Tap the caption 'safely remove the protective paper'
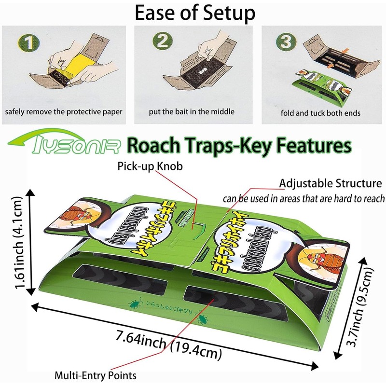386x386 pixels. pos(64,112)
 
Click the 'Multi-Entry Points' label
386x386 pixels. pos(96,375)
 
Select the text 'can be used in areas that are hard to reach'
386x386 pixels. pos(303,198)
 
